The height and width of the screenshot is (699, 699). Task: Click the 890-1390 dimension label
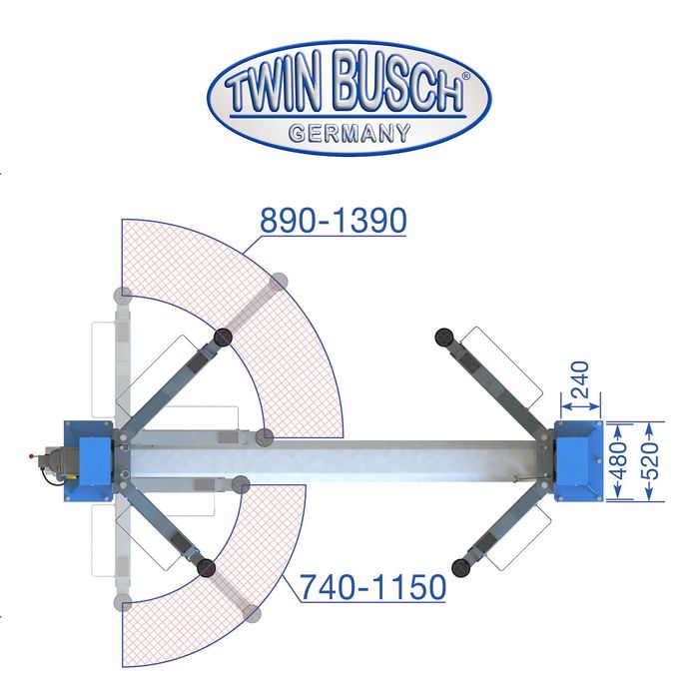click(333, 221)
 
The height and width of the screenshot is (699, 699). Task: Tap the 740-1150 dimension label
click(373, 587)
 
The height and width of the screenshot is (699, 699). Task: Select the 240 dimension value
click(580, 379)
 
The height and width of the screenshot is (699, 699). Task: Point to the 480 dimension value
click(620, 460)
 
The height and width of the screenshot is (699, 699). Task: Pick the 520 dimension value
click(651, 460)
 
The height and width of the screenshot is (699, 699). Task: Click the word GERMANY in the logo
click(349, 133)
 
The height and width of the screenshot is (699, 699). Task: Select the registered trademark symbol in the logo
click(466, 76)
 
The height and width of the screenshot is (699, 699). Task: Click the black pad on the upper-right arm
click(444, 338)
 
